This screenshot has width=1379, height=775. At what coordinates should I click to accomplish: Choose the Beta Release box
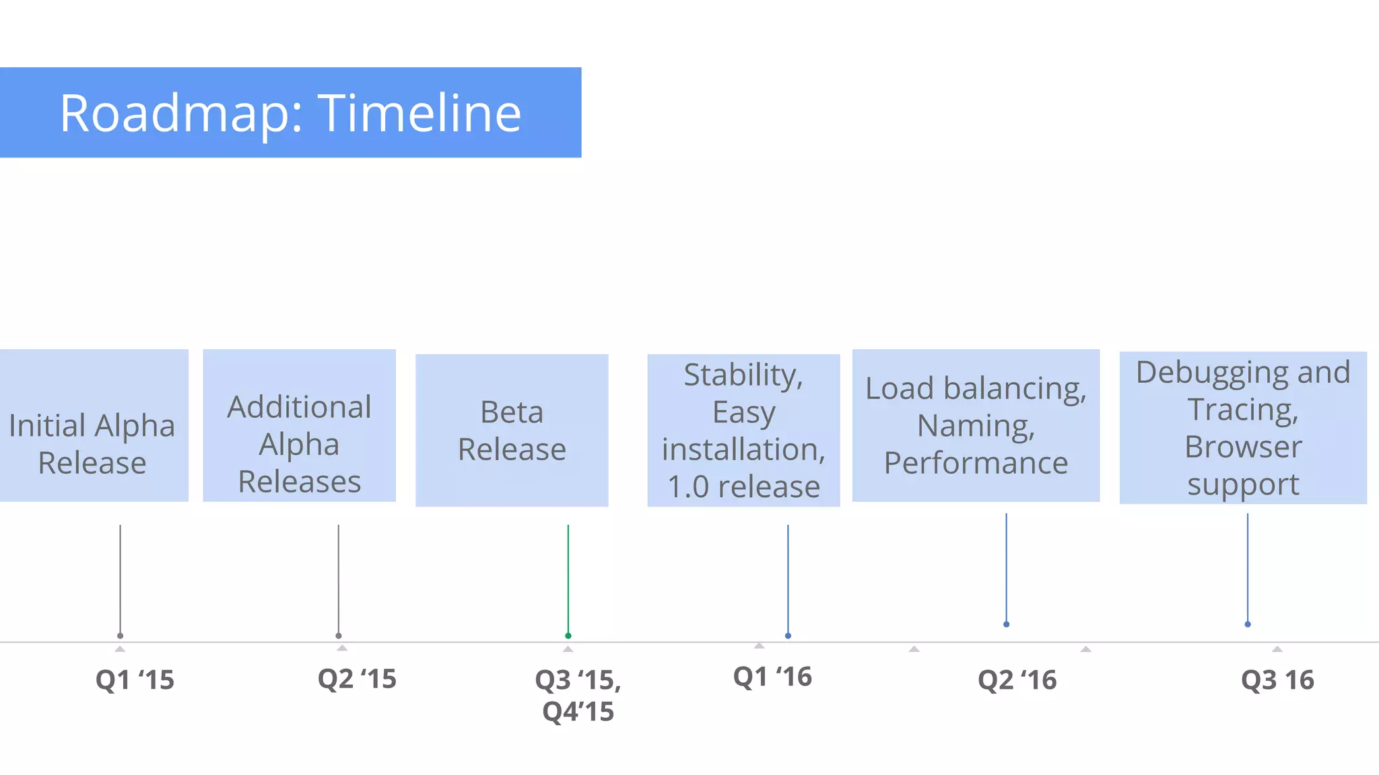pos(512,431)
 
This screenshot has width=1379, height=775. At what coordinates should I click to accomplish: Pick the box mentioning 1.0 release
pos(743,431)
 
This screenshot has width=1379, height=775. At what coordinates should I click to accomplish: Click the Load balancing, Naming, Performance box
pos(976,425)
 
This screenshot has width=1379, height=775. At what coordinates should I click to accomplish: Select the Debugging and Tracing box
pos(1243,428)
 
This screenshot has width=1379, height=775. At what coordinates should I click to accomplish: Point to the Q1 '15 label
pos(135,679)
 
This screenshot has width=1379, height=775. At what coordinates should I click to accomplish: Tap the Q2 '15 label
pos(357,678)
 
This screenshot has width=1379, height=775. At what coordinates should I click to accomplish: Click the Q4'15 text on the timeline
pos(578,711)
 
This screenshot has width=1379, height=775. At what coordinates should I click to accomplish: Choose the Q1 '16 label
pos(772,676)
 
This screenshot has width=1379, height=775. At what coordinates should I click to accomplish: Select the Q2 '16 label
pos(1017,679)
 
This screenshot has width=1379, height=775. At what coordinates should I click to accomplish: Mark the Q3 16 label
pos(1277,679)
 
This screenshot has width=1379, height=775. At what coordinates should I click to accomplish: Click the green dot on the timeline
pos(568,636)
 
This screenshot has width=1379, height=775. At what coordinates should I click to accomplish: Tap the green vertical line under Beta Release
pos(568,579)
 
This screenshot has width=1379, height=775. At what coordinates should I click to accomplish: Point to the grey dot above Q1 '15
pos(121,636)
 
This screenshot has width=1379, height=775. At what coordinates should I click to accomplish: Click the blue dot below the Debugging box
pos(1248,624)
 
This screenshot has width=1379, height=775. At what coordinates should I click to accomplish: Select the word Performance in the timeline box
pos(976,463)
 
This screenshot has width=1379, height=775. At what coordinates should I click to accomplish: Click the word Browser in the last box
pos(1243,447)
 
